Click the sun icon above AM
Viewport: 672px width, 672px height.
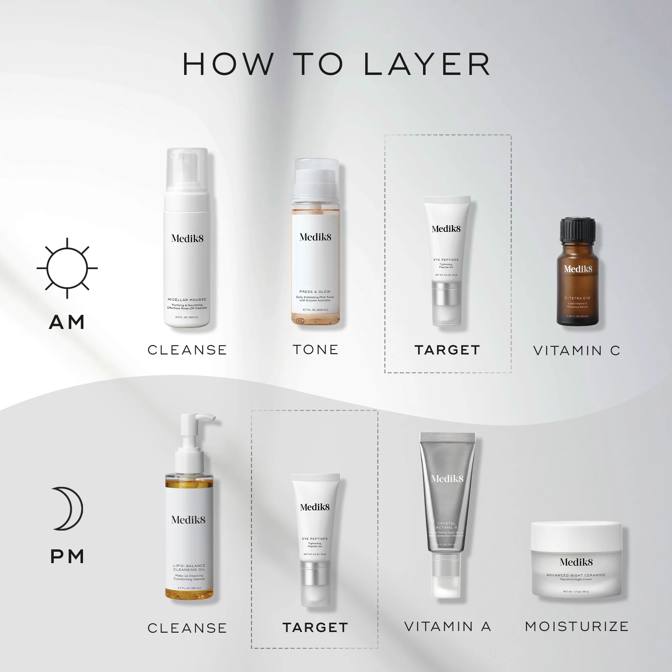tap(67, 268)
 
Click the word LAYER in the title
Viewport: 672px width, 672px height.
tap(427, 65)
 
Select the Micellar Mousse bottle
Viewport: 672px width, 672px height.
tap(187, 244)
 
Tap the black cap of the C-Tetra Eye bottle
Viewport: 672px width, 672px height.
tap(577, 229)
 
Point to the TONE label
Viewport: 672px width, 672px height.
tap(316, 349)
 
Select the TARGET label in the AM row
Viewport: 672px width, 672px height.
tap(447, 350)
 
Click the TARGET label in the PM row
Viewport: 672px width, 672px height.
tap(315, 627)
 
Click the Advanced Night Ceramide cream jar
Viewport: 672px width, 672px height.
tap(576, 560)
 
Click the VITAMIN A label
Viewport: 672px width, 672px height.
tap(448, 626)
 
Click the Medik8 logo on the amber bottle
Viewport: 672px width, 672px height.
tap(578, 269)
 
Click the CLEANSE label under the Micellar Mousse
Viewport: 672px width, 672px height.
tap(187, 350)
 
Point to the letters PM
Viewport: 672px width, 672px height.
tap(67, 556)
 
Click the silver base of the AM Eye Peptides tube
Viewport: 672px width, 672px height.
tap(447, 294)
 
